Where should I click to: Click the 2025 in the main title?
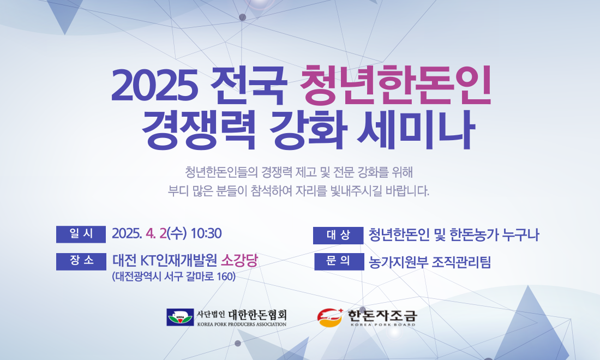coord(154,86)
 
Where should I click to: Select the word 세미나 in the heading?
coord(416,130)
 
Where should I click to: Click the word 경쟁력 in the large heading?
coord(199,130)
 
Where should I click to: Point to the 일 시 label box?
coord(81,234)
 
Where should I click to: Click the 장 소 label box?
coord(81,262)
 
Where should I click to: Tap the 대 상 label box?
coord(338,235)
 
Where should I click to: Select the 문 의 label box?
coord(339,262)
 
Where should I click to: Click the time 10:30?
coord(206,233)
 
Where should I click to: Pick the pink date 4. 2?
coord(156,233)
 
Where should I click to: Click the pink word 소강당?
coord(239,261)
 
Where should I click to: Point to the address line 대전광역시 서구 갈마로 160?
coord(173,276)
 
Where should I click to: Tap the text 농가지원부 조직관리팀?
coord(430,262)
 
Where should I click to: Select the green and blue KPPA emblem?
coord(180,317)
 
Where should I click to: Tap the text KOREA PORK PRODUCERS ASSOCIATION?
coord(242,325)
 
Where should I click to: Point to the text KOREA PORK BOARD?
coord(383,325)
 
